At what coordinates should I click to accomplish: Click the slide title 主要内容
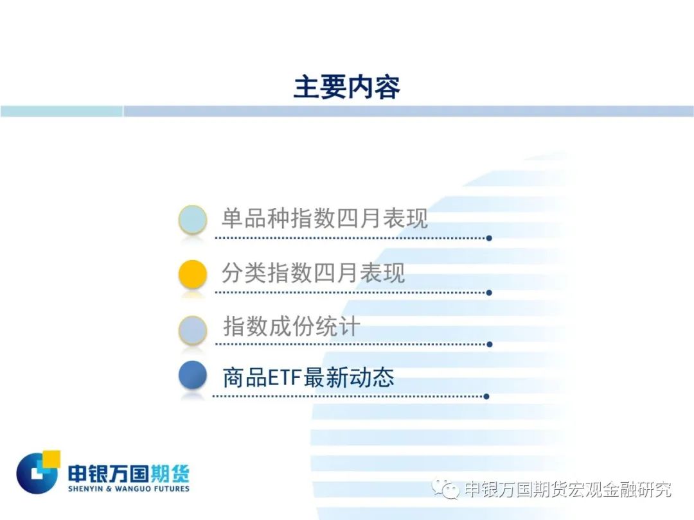pyautogui.click(x=346, y=87)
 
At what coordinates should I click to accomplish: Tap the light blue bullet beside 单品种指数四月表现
pyautogui.click(x=193, y=220)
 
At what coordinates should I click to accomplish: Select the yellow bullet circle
pyautogui.click(x=193, y=273)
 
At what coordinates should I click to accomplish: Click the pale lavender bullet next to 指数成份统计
pyautogui.click(x=193, y=329)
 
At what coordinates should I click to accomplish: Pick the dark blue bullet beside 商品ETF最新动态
pyautogui.click(x=193, y=375)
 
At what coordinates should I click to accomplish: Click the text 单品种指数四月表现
pyautogui.click(x=325, y=218)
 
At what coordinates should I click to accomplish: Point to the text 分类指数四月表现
pyautogui.click(x=313, y=272)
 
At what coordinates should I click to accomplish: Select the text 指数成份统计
pyautogui.click(x=291, y=326)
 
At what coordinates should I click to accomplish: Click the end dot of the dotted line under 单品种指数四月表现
pyautogui.click(x=489, y=238)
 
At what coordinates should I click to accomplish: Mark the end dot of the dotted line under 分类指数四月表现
pyautogui.click(x=489, y=293)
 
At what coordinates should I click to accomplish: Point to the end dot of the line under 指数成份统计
pyautogui.click(x=489, y=345)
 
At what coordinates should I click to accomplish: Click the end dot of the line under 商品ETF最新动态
pyautogui.click(x=486, y=397)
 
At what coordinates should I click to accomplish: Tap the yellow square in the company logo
pyautogui.click(x=51, y=459)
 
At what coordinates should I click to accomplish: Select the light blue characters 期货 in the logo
pyautogui.click(x=170, y=474)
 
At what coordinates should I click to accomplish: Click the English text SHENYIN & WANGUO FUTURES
pyautogui.click(x=129, y=489)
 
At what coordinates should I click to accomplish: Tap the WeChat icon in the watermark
pyautogui.click(x=446, y=489)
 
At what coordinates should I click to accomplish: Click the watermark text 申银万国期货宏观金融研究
pyautogui.click(x=568, y=489)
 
